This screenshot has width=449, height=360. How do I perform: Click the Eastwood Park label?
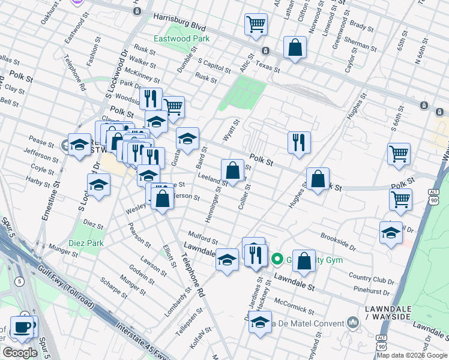181,39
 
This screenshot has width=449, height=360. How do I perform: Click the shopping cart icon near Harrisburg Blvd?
256,25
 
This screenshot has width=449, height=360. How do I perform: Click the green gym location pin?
277,259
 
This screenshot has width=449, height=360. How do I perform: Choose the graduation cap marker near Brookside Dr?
391,233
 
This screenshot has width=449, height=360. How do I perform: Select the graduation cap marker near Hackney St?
260,322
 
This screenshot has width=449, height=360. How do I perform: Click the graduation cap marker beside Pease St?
79,145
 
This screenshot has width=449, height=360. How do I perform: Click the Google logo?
20,353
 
